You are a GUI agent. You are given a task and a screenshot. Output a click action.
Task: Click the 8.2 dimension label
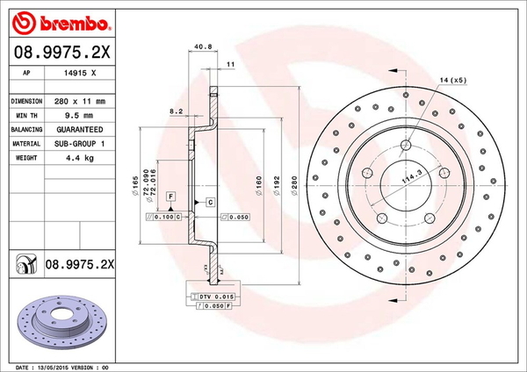click(175, 112)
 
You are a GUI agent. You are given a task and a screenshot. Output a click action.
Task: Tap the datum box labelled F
click(170, 194)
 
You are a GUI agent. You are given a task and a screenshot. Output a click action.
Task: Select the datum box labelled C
click(211, 202)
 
